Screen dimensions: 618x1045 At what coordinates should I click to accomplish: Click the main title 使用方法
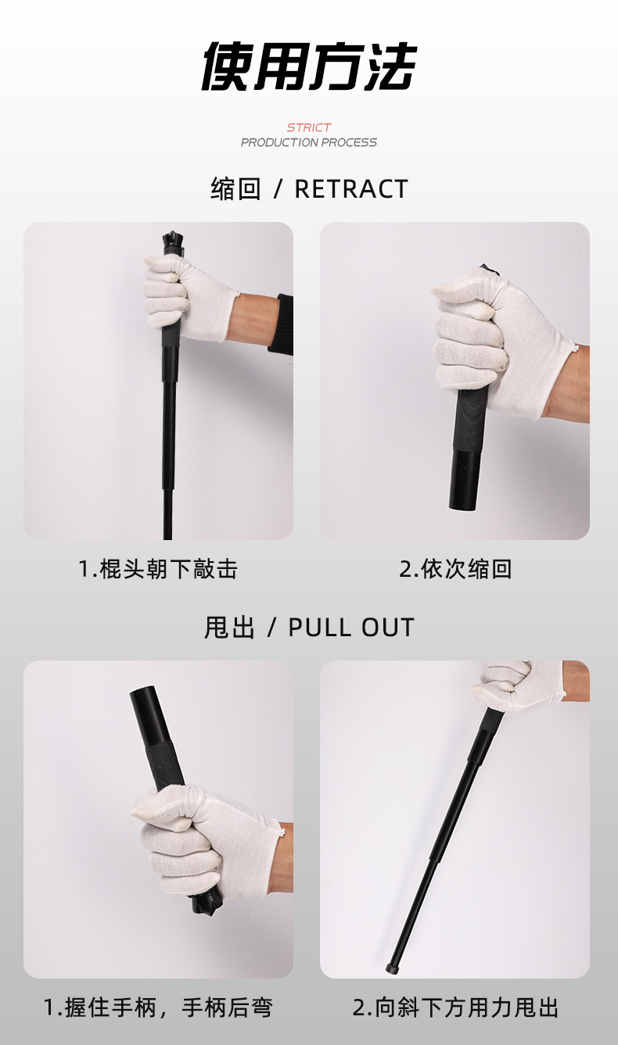[x=308, y=66]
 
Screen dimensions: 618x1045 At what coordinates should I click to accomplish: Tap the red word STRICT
[x=309, y=127]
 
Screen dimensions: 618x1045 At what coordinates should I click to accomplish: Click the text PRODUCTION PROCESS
[x=308, y=142]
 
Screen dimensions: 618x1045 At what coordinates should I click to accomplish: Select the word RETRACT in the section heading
[x=351, y=189]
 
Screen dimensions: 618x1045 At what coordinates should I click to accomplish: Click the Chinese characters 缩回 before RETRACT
[x=235, y=189]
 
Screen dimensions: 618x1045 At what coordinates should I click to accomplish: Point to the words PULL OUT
[x=351, y=627]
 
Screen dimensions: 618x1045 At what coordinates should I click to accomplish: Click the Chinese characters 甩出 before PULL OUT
[x=230, y=627]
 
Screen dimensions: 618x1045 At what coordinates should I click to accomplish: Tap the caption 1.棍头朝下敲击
[x=158, y=569]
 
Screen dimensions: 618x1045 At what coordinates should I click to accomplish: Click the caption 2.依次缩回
[x=455, y=569]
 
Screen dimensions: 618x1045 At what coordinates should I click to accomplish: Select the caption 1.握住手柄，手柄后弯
[x=158, y=1007]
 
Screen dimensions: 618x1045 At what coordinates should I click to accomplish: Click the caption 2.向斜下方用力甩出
[x=455, y=1007]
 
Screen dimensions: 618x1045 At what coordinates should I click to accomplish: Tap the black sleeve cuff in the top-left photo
[x=282, y=324]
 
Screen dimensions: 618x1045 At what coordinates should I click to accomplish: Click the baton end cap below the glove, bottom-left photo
[x=206, y=905]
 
